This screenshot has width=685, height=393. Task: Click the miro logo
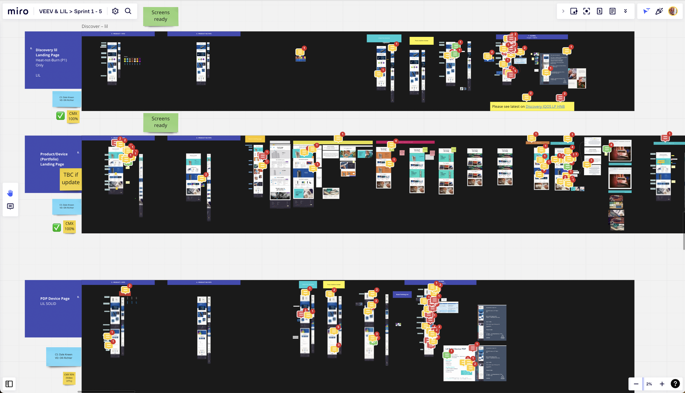pyautogui.click(x=18, y=11)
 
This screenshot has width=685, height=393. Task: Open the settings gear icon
pyautogui.click(x=115, y=11)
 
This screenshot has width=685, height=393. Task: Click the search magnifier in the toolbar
pyautogui.click(x=128, y=11)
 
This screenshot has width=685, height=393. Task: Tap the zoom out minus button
pyautogui.click(x=636, y=384)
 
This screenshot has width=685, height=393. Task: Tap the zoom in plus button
pyautogui.click(x=662, y=384)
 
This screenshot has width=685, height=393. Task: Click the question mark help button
pyautogui.click(x=675, y=384)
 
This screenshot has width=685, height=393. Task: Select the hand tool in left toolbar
pyautogui.click(x=10, y=193)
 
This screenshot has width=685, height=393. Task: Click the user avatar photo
pyautogui.click(x=673, y=11)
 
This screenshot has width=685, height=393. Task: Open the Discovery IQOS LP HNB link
pyautogui.click(x=545, y=106)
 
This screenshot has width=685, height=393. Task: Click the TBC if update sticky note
pyautogui.click(x=71, y=179)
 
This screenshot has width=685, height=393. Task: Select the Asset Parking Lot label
pyautogui.click(x=402, y=294)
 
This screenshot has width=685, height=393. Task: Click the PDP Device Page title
pyautogui.click(x=55, y=298)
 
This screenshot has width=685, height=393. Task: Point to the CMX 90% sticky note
pyautogui.click(x=69, y=378)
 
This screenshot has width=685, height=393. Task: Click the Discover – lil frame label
pyautogui.click(x=95, y=26)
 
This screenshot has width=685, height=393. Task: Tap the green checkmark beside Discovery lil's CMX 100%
pyautogui.click(x=60, y=116)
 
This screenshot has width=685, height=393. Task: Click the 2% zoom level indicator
pyautogui.click(x=649, y=384)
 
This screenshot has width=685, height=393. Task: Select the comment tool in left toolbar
pyautogui.click(x=10, y=206)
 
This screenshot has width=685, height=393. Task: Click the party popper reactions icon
pyautogui.click(x=659, y=11)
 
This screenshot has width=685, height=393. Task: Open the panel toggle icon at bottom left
pyautogui.click(x=9, y=384)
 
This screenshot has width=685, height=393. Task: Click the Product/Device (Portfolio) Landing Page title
pyautogui.click(x=54, y=159)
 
